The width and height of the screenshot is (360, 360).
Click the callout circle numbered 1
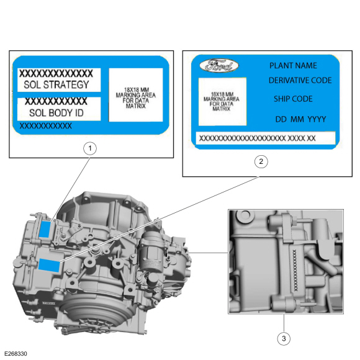pos(91,148)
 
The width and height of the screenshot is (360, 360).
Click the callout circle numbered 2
pos(261,161)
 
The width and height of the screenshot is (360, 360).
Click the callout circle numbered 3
pos(284,338)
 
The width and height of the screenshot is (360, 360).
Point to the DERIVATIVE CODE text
pos(300,81)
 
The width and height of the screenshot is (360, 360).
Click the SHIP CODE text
pos(293,99)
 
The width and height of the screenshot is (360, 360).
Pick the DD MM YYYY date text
pos(301,119)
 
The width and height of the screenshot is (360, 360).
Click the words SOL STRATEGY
pos(56,85)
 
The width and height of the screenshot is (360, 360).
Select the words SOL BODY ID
pos(55,113)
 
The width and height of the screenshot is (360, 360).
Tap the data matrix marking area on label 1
pos(135,94)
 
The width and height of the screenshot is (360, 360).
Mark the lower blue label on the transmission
pos(48,266)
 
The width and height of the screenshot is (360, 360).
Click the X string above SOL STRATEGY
pos(56,73)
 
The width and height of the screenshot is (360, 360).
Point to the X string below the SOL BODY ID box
pos(46,125)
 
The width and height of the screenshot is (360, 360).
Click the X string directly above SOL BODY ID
pos(56,101)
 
